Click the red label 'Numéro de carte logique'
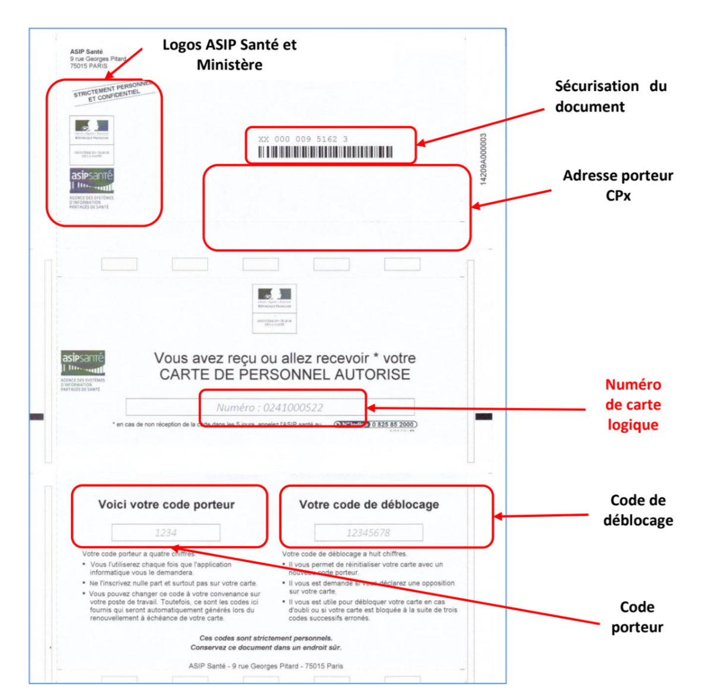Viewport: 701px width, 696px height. (x=633, y=405)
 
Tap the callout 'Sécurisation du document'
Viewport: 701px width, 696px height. (x=611, y=96)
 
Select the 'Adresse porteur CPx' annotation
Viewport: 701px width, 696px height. (x=618, y=185)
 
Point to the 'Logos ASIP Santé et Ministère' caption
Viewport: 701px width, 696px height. (x=230, y=55)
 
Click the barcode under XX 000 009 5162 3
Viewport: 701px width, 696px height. (x=325, y=152)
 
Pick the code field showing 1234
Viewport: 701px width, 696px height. (x=166, y=532)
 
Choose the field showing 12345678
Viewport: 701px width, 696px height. (x=369, y=532)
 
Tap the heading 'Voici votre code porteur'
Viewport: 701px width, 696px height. (x=166, y=504)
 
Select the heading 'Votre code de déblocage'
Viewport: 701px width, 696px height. (x=369, y=504)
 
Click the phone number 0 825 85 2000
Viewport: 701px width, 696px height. (x=392, y=424)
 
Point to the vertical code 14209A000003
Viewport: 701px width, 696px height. (x=483, y=159)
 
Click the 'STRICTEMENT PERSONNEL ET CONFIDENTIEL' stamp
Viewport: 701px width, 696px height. (x=113, y=92)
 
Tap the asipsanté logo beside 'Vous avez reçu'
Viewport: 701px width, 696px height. (x=83, y=362)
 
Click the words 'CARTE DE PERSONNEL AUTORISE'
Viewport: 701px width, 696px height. (x=285, y=374)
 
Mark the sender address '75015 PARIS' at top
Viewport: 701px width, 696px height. (x=89, y=66)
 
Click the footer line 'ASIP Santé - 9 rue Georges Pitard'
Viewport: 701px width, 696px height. (x=266, y=666)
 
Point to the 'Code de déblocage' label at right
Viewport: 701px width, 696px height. (x=638, y=510)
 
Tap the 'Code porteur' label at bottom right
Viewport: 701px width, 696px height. (x=637, y=617)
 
